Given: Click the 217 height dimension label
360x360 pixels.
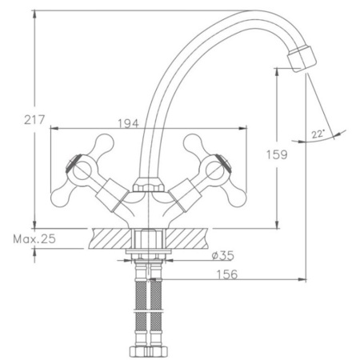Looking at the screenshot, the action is pos(34,120).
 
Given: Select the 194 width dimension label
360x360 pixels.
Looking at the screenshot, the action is pos(129,123).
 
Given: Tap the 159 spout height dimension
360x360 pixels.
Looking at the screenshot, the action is pos(277,154).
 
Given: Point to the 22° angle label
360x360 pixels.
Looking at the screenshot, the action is pos(318,134).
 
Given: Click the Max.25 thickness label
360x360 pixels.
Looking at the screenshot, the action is pos(34,239).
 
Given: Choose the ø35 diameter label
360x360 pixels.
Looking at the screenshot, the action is pos(223,255).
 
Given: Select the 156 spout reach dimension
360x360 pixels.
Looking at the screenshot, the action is pos(227,274).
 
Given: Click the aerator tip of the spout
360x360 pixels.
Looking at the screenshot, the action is pos(302,59).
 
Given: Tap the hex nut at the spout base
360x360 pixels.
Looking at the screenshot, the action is pos(148,185).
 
